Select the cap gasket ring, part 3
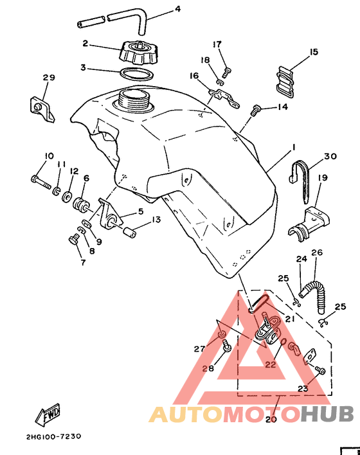[x=136, y=74]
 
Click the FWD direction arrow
[x=48, y=415]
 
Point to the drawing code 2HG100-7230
[x=54, y=437]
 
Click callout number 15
[x=314, y=52]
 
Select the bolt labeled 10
[x=40, y=182]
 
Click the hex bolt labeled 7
[x=74, y=240]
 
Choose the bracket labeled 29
[x=41, y=109]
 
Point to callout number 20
[x=271, y=419]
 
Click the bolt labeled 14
[x=255, y=111]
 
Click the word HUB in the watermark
[x=327, y=413]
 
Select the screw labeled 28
[x=227, y=346]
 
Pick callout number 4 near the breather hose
[x=177, y=9]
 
